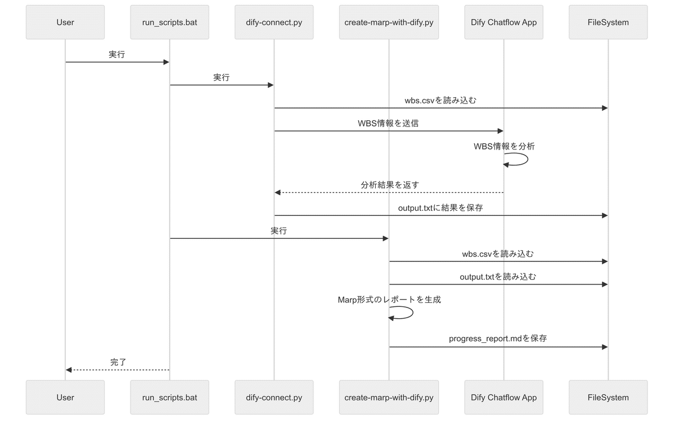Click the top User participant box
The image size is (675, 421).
(65, 22)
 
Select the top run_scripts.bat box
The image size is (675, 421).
(169, 22)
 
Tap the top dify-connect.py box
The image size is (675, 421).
(274, 22)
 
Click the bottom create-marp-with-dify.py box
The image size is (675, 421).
(389, 397)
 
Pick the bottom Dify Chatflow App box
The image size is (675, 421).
(503, 397)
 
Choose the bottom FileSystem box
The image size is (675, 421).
(608, 397)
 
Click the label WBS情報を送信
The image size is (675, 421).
(388, 123)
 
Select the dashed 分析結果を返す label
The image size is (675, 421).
(389, 184)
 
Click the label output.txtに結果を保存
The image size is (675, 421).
(440, 207)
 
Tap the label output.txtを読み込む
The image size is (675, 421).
(498, 277)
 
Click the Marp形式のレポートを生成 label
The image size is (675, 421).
(389, 300)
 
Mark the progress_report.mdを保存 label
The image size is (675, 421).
(498, 338)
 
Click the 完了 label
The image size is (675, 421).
(118, 362)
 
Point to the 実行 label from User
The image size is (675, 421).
(117, 55)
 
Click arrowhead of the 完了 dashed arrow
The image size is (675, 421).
(69, 370)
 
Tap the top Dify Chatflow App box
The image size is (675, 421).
(503, 22)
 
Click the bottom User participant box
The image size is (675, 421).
(65, 397)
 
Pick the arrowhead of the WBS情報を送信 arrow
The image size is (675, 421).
(500, 131)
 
